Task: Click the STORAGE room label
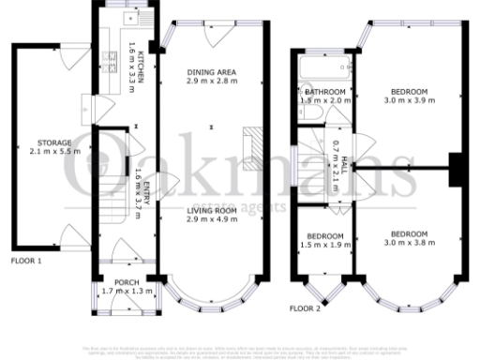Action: tap(40, 142)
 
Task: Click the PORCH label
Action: tap(127, 282)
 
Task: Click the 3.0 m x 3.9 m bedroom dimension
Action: tap(408, 99)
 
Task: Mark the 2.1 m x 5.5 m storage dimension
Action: tap(40, 151)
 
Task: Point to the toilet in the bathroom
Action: tap(314, 112)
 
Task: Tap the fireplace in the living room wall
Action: tap(250, 144)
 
